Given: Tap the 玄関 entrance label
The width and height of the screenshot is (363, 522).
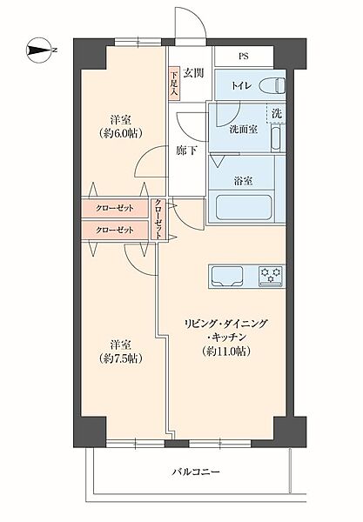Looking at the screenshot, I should [193, 72].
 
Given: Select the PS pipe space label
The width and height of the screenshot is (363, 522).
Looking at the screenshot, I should [244, 58].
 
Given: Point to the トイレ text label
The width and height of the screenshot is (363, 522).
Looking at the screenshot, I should [241, 86].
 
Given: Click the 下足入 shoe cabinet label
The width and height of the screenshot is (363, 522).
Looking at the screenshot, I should [174, 84].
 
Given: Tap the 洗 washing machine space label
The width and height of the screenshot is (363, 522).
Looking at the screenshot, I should [276, 114].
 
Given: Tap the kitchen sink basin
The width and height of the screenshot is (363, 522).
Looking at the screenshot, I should [230, 276].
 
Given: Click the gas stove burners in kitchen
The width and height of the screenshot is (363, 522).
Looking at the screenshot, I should [272, 276].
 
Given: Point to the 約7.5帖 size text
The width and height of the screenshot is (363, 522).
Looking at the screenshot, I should [121, 358].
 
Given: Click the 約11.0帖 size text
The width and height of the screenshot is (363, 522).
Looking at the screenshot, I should [225, 351].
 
